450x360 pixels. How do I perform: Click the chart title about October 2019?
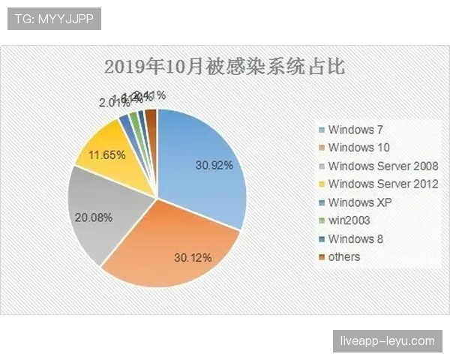(x=224, y=67)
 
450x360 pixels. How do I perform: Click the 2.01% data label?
(x=112, y=103)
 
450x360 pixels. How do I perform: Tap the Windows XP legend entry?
(x=359, y=202)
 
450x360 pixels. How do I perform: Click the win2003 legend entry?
(x=348, y=220)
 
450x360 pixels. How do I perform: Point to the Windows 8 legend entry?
(x=355, y=238)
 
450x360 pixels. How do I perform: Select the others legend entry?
(x=343, y=256)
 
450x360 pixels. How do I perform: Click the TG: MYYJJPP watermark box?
(x=53, y=19)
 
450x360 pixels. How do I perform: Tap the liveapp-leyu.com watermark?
(x=386, y=341)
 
